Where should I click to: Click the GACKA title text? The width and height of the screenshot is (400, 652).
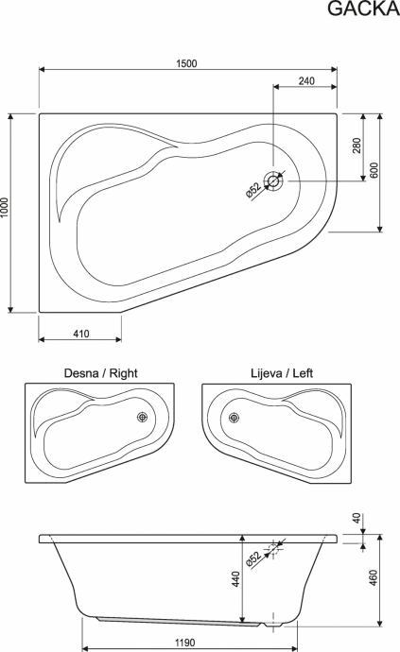point(363,9)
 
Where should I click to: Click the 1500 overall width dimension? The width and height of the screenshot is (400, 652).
point(186,63)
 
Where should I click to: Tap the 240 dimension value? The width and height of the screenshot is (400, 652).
point(306,80)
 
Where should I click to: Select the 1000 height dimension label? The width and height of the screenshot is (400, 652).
point(5,208)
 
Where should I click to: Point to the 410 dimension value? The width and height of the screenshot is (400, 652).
point(81,334)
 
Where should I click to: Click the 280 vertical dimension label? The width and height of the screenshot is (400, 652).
point(357,146)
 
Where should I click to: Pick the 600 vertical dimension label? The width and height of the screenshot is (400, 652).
point(374,170)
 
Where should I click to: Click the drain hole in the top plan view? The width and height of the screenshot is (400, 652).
point(273,181)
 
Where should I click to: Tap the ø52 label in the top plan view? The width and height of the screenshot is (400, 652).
point(253,191)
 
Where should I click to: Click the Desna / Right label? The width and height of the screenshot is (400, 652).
point(100,373)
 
